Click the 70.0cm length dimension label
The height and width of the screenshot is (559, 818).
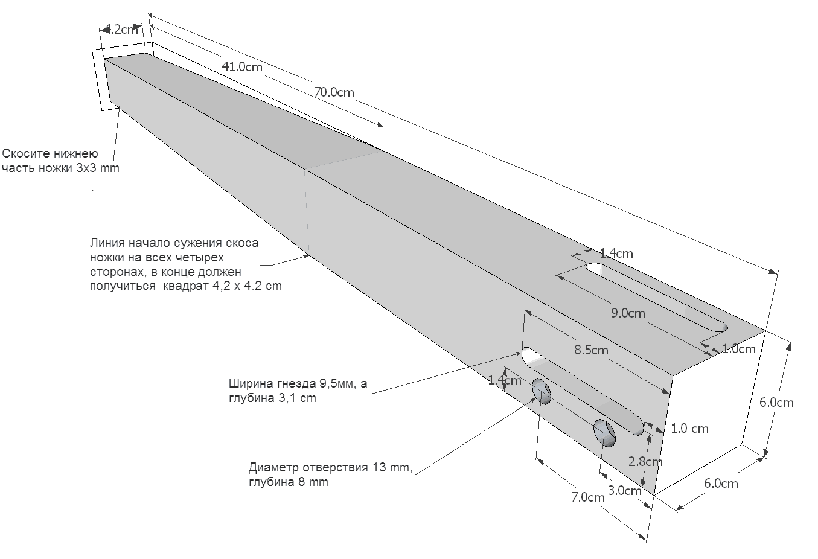click(x=334, y=92)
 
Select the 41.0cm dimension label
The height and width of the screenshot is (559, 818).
click(x=242, y=66)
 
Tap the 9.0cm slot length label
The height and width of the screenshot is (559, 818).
click(x=628, y=313)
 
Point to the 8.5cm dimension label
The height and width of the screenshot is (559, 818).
click(x=591, y=350)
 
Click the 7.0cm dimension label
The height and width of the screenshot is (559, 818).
click(x=587, y=497)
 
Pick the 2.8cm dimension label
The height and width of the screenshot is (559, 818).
click(x=645, y=462)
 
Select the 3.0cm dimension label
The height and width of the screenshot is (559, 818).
click(x=624, y=490)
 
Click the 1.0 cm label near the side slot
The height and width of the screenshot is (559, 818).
click(x=689, y=429)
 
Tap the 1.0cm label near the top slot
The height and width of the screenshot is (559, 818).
click(x=738, y=349)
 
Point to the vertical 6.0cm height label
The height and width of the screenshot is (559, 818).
click(x=776, y=403)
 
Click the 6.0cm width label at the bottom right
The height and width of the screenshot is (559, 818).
click(x=721, y=483)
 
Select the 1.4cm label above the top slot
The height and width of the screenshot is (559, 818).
click(x=616, y=254)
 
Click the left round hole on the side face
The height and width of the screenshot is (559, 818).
click(x=542, y=391)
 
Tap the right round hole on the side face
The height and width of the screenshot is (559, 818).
click(x=604, y=432)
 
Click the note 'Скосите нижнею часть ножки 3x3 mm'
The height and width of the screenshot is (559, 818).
click(x=60, y=161)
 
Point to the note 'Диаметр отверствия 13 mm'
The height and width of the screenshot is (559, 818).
click(x=330, y=474)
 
